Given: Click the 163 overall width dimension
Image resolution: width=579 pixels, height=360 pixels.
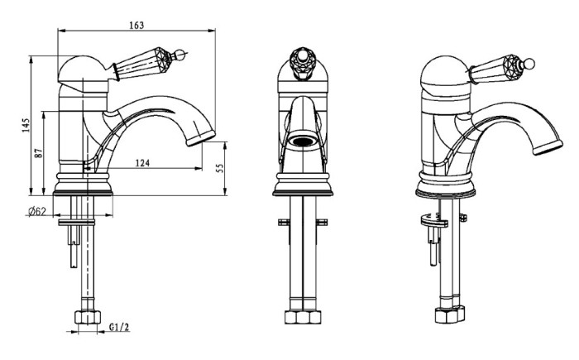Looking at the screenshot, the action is [x=136, y=25].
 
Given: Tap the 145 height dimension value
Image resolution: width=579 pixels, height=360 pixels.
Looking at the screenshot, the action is [x=26, y=126].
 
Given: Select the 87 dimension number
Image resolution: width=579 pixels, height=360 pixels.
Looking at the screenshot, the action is [x=39, y=153].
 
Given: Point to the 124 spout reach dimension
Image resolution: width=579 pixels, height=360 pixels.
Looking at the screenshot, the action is [x=142, y=163].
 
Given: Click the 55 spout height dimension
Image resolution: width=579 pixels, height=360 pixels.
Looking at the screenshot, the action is [x=220, y=168].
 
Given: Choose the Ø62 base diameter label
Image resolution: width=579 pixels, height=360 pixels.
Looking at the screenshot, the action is [x=37, y=212].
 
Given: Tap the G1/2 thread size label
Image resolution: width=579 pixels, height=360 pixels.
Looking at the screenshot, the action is [x=119, y=327].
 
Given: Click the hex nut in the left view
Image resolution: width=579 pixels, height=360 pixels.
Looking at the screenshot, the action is [x=88, y=318].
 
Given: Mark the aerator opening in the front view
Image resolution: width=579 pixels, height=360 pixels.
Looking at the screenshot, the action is [x=303, y=142].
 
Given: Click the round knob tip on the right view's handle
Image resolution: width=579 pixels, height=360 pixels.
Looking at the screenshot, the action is [x=529, y=64].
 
